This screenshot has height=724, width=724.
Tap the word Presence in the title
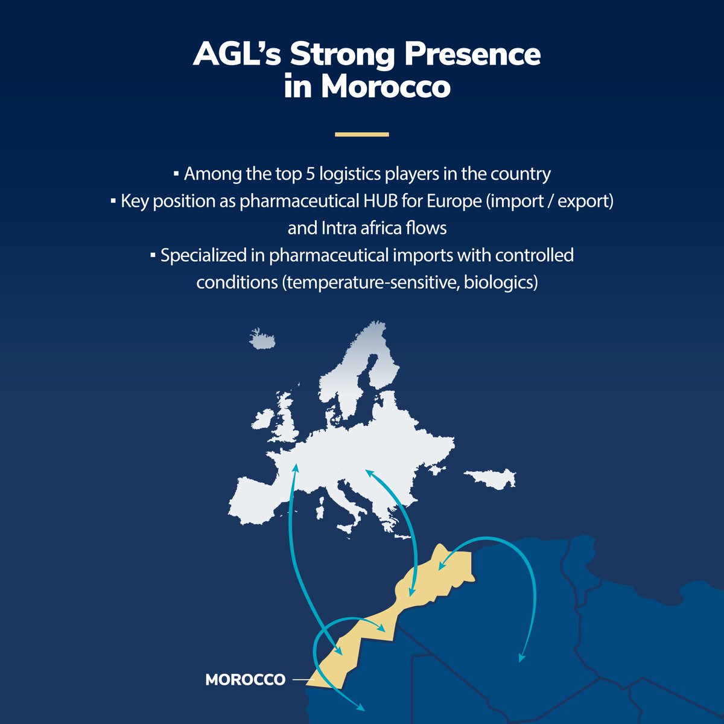coord(472,54)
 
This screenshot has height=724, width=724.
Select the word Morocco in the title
coord(386,87)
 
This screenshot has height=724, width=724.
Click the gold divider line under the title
coord(362,135)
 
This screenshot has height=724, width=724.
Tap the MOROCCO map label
coord(245,679)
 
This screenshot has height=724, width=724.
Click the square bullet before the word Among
coord(176,174)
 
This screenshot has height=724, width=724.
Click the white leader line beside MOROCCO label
coord(303,680)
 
